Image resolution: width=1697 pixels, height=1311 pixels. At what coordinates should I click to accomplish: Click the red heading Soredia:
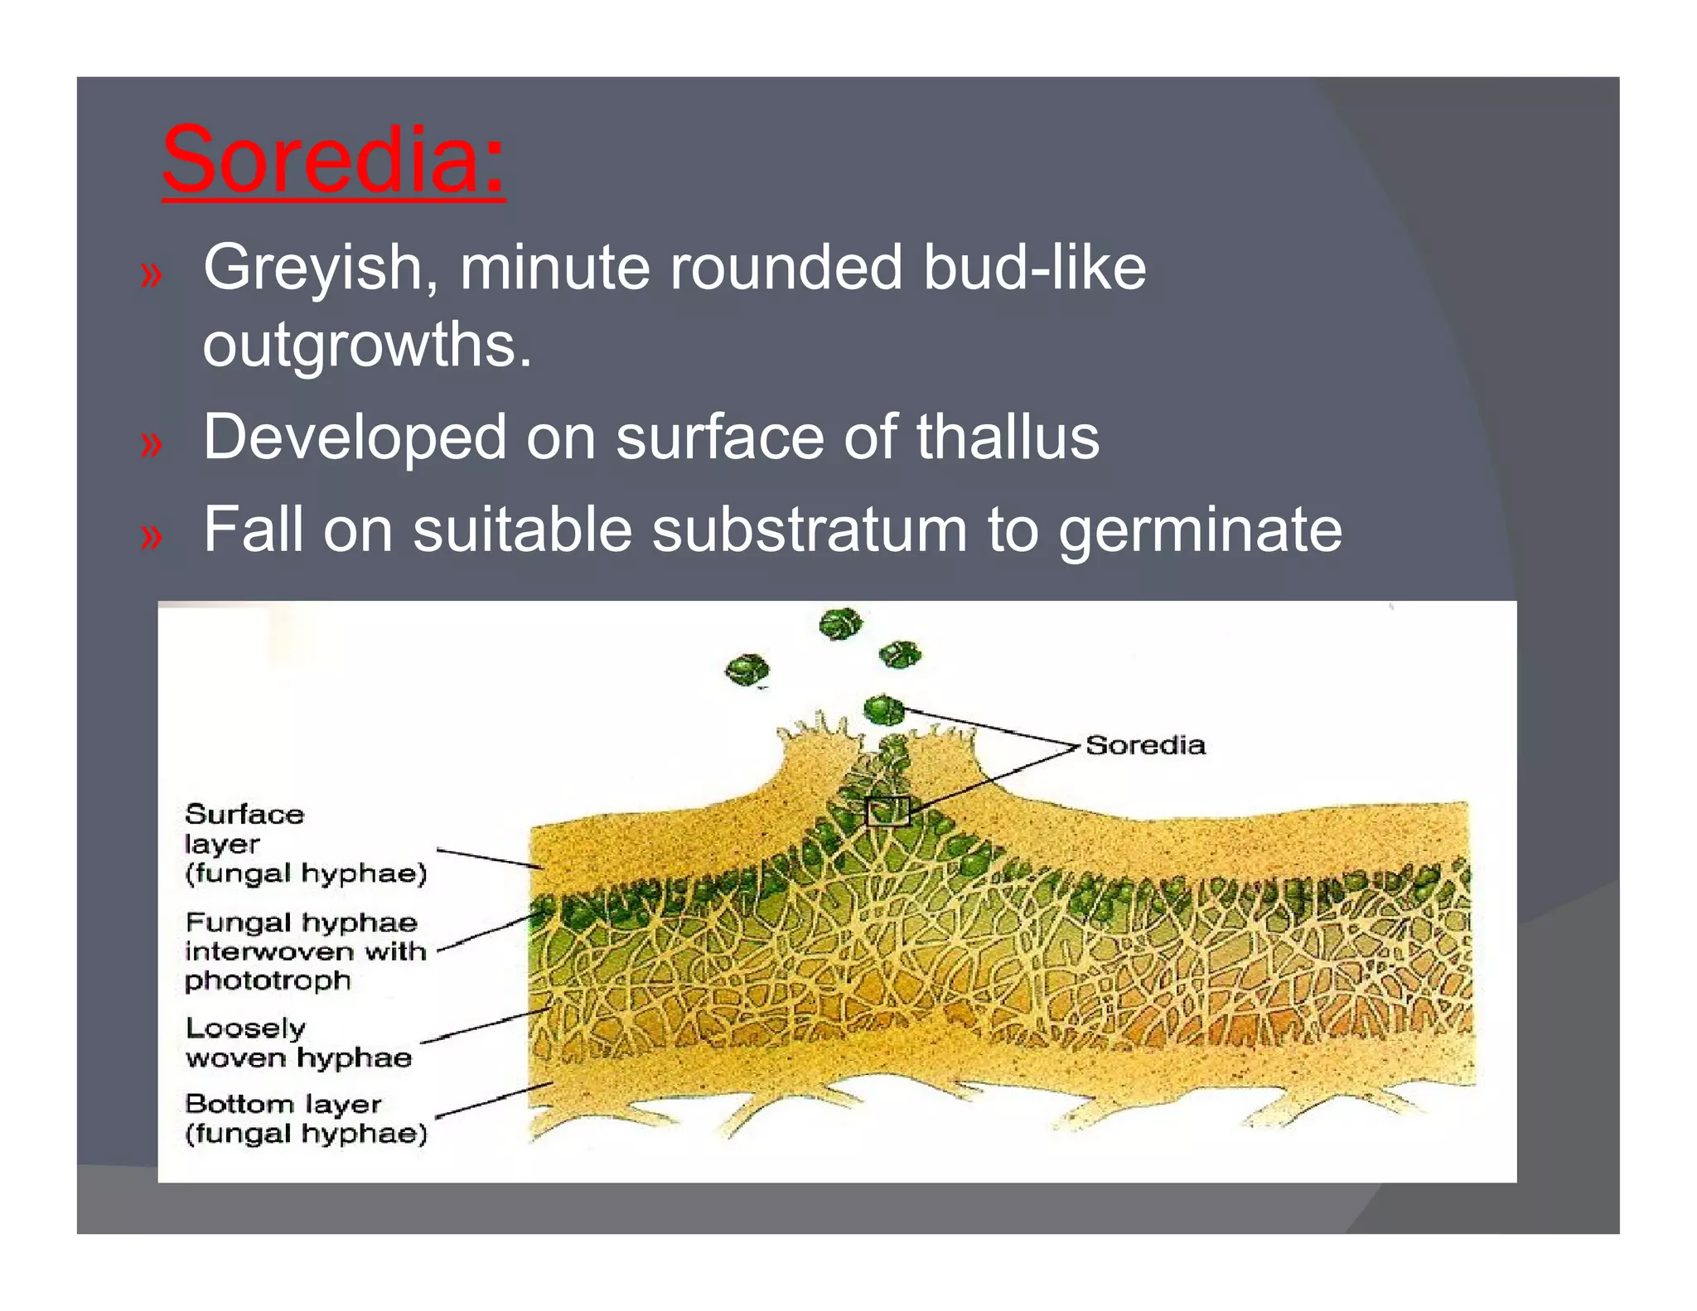333,159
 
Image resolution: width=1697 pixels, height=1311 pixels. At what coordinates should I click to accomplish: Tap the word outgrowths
366,345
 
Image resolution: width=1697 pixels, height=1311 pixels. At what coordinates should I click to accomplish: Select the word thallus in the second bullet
1008,438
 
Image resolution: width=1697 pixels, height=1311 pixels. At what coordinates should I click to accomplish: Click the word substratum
809,530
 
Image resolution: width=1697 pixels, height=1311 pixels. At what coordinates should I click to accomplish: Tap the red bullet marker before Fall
151,537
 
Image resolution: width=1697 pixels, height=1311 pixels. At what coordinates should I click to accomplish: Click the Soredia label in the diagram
1145,745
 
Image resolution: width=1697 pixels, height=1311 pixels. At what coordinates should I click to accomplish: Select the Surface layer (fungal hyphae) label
304,844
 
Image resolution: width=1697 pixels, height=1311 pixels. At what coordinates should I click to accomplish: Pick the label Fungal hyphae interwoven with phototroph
304,951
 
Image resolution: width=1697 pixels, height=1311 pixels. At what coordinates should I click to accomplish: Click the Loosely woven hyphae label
297,1043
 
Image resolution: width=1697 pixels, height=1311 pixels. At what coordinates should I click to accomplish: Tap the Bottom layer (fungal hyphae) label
306,1118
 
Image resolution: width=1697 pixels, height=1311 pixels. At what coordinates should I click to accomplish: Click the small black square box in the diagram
887,811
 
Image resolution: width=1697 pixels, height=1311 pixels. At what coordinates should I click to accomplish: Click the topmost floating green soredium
840,623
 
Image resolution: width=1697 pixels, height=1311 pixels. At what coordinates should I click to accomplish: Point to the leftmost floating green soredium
747,670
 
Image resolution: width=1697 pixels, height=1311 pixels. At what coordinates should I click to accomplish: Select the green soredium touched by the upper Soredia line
883,709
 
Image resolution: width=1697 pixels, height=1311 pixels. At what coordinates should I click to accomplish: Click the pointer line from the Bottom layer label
494,1101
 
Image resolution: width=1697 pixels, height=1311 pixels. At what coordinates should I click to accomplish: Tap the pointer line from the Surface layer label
489,859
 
